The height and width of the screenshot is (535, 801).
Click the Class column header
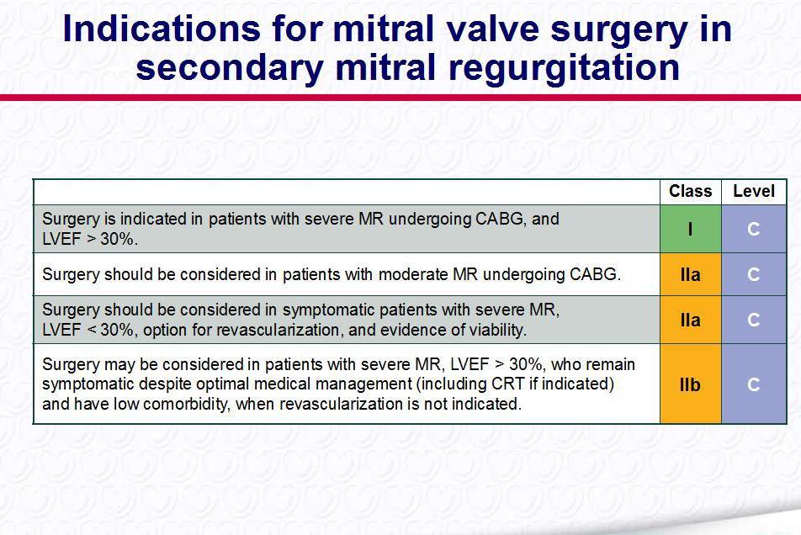click(690, 192)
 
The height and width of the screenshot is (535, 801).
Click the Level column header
click(754, 192)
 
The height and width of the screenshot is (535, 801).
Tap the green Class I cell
click(690, 229)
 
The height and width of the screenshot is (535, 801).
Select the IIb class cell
click(690, 384)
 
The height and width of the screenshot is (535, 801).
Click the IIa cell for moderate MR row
click(690, 274)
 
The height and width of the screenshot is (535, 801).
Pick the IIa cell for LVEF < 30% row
click(690, 320)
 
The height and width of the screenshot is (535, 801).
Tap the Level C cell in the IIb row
click(754, 384)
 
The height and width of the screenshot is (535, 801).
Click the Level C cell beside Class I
click(754, 229)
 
